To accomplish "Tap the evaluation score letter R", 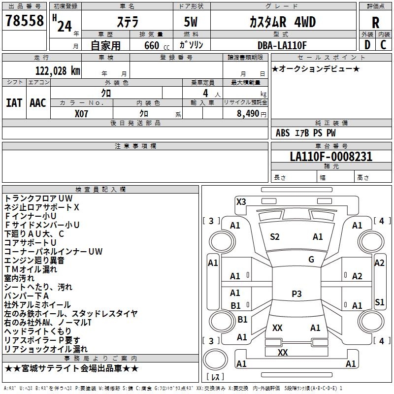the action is [x=375, y=23].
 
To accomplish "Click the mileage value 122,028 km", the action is [x=58, y=70].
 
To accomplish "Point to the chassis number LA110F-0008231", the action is [x=331, y=157].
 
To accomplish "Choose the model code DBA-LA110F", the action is [x=282, y=45].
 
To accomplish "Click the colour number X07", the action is [x=82, y=113].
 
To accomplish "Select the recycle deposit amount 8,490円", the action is [x=251, y=113].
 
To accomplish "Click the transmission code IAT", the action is [x=14, y=102].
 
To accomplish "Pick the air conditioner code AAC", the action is [x=37, y=102].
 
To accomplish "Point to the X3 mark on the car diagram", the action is [x=241, y=201].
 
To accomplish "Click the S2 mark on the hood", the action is [x=275, y=237].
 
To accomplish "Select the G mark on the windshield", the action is [x=311, y=260].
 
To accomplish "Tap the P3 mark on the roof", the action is [x=296, y=294].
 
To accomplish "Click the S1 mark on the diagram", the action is [x=379, y=302].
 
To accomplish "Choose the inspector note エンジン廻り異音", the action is [x=34, y=260].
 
